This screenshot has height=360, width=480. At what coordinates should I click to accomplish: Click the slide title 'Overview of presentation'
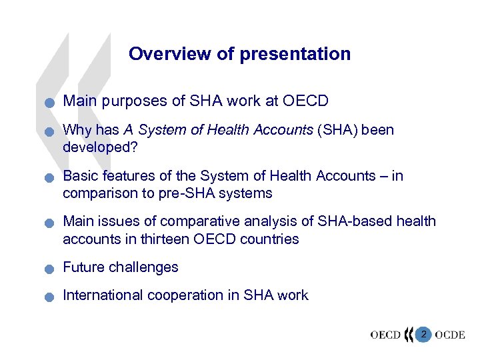239,54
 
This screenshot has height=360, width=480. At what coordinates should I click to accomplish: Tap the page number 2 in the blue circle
423,333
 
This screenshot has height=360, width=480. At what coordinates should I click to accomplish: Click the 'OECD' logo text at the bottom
385,335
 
